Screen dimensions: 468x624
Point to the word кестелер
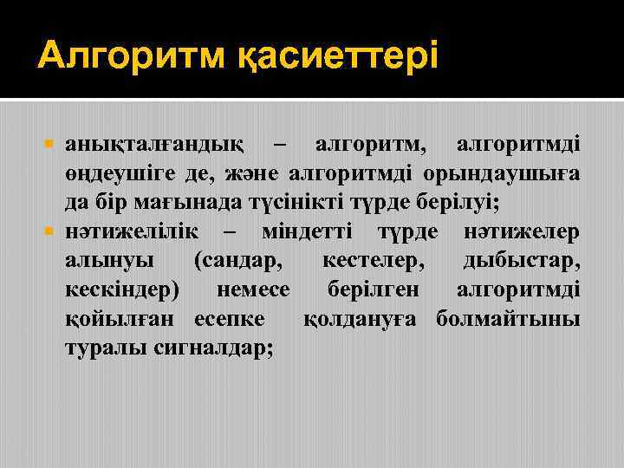pyautogui.click(x=373, y=261)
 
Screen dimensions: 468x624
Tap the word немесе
pyautogui.click(x=250, y=290)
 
